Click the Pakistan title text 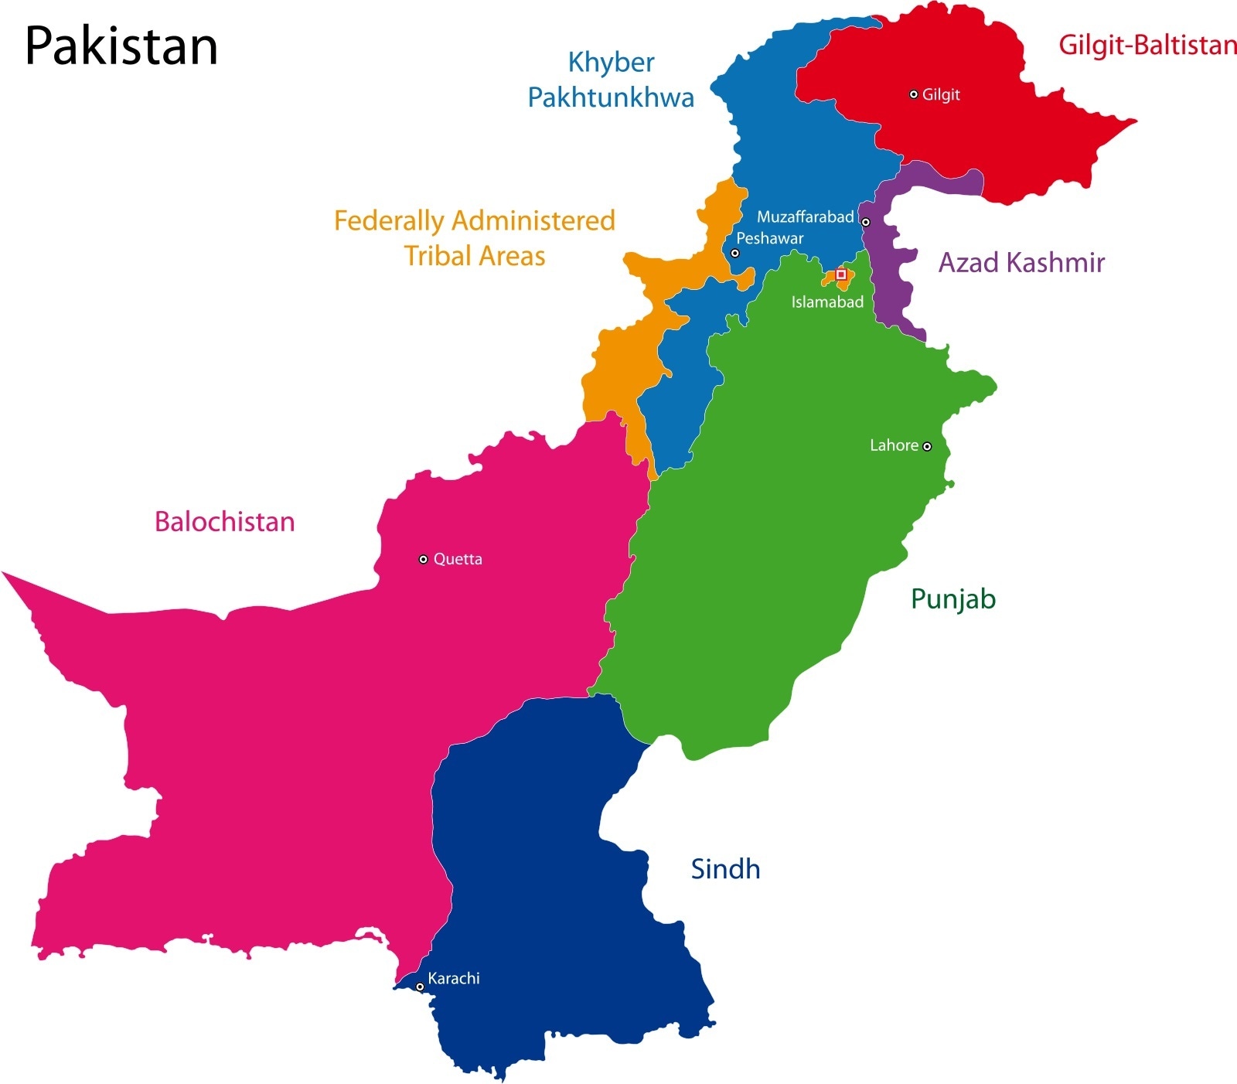pyautogui.click(x=121, y=46)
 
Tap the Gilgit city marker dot pyautogui.click(x=914, y=94)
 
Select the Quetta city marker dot pyautogui.click(x=423, y=559)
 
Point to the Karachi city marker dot pyautogui.click(x=420, y=987)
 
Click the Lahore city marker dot pyautogui.click(x=927, y=446)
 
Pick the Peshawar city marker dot pyautogui.click(x=735, y=253)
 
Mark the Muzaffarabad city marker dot pyautogui.click(x=866, y=222)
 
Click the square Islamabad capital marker pyautogui.click(x=841, y=274)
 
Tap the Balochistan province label pyautogui.click(x=224, y=522)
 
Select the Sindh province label pyautogui.click(x=725, y=869)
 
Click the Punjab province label pyautogui.click(x=953, y=599)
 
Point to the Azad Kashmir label pyautogui.click(x=1021, y=263)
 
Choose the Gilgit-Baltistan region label pyautogui.click(x=1147, y=45)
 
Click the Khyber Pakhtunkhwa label pyautogui.click(x=611, y=80)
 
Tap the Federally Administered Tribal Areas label pyautogui.click(x=475, y=238)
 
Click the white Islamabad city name pyautogui.click(x=827, y=302)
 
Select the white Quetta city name pyautogui.click(x=458, y=559)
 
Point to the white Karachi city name pyautogui.click(x=454, y=978)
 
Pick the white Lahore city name pyautogui.click(x=894, y=445)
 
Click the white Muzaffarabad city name pyautogui.click(x=805, y=217)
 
